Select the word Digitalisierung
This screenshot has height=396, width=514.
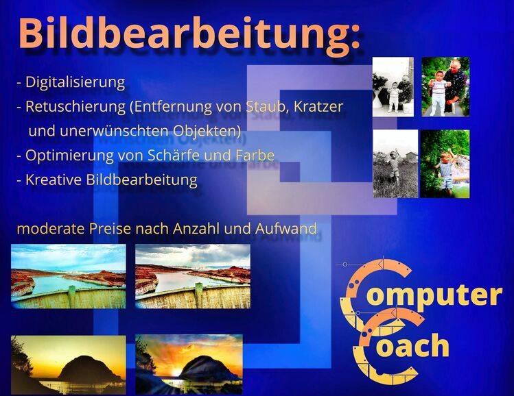[x=75, y=82]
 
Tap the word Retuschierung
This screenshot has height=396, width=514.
[x=75, y=107]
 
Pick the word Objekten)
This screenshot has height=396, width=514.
[x=207, y=131]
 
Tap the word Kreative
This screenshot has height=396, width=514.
[x=54, y=180]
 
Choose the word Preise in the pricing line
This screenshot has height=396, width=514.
[x=110, y=228]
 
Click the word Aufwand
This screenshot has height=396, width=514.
[x=286, y=228]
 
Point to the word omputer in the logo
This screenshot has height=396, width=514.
[x=434, y=295]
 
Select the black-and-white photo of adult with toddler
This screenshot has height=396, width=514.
[x=393, y=87]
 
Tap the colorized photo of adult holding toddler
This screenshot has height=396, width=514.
[x=445, y=87]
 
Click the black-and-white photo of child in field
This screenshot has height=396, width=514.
[x=396, y=164]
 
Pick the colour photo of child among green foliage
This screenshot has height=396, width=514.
[x=445, y=164]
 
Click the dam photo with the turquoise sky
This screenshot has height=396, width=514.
[x=69, y=276]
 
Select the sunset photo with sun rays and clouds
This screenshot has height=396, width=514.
[x=189, y=364]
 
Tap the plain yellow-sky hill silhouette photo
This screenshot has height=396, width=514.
[x=69, y=365]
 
